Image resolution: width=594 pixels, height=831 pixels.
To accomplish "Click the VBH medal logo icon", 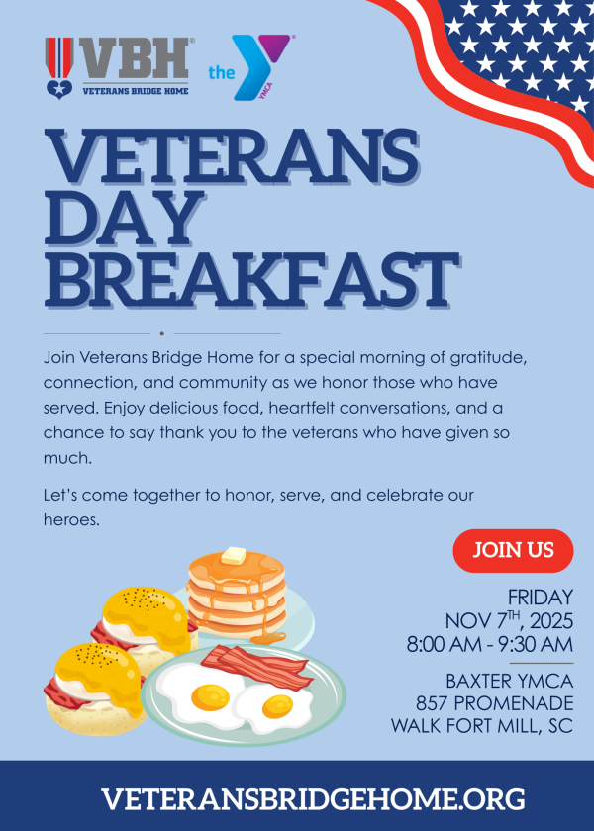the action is (58, 68).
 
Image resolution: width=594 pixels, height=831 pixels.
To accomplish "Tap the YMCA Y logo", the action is (261, 67).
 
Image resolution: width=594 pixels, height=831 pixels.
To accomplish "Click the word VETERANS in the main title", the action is (232, 157).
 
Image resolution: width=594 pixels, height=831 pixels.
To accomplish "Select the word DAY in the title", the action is (125, 219).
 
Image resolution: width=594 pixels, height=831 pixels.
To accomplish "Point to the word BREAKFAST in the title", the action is (251, 280).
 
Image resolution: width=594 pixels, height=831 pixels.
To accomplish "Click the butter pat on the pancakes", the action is (234, 556).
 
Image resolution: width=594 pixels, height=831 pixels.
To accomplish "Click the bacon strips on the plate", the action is (256, 666).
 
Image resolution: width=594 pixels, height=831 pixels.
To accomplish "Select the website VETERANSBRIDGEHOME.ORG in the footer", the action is (313, 799).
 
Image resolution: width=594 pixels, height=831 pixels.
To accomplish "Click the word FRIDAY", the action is (541, 598).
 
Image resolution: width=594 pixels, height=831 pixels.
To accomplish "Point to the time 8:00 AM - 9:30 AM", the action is (490, 644).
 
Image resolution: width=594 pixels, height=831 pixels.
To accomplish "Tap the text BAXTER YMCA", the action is (510, 681).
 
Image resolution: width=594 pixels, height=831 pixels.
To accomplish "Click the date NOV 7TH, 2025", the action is (509, 620).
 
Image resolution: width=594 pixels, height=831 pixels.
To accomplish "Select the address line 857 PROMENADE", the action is (494, 703).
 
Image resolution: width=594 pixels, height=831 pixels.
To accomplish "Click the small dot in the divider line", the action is (161, 334).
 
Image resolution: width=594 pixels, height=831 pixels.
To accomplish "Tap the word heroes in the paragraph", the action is (70, 520).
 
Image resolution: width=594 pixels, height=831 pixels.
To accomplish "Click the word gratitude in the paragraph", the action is (487, 358).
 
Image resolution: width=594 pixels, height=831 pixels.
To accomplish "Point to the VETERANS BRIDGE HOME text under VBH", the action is (136, 91).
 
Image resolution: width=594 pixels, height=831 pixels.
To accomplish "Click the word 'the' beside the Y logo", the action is (221, 72).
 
